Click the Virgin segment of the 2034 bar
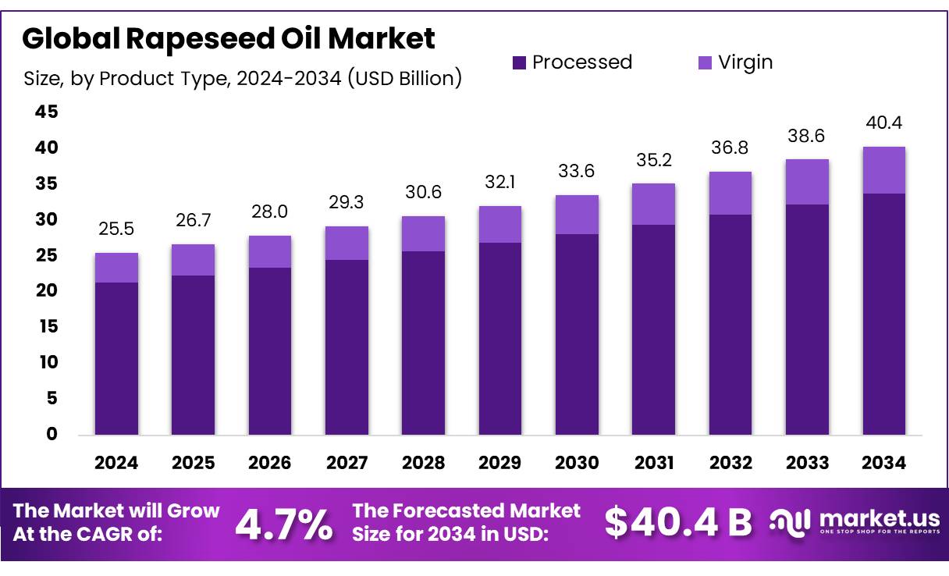pos(884,170)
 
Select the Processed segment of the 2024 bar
pos(116,358)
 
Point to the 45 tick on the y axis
pos(47,112)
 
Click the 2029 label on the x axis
pos(500,463)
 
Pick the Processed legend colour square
pos(520,62)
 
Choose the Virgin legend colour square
pos(704,62)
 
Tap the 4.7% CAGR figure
pos(283,524)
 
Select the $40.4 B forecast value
pos(678,523)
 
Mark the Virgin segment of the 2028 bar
pos(424,233)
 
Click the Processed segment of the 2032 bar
pos(730,324)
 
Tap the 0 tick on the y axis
pos(52,435)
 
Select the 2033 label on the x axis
pos(808,463)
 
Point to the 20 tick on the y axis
pos(47,291)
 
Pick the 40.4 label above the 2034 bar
pos(884,123)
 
